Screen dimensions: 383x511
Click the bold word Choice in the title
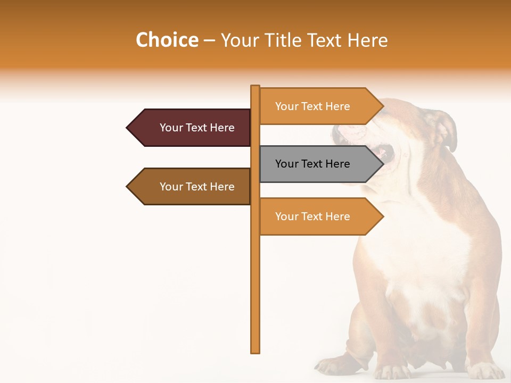167,40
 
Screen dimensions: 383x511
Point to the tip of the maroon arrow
128,128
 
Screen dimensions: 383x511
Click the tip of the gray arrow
383,164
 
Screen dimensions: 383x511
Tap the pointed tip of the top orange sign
383,106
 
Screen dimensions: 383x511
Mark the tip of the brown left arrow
128,187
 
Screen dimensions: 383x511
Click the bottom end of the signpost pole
256,351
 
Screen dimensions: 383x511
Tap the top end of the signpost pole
256,87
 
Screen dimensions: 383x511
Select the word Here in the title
368,40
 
